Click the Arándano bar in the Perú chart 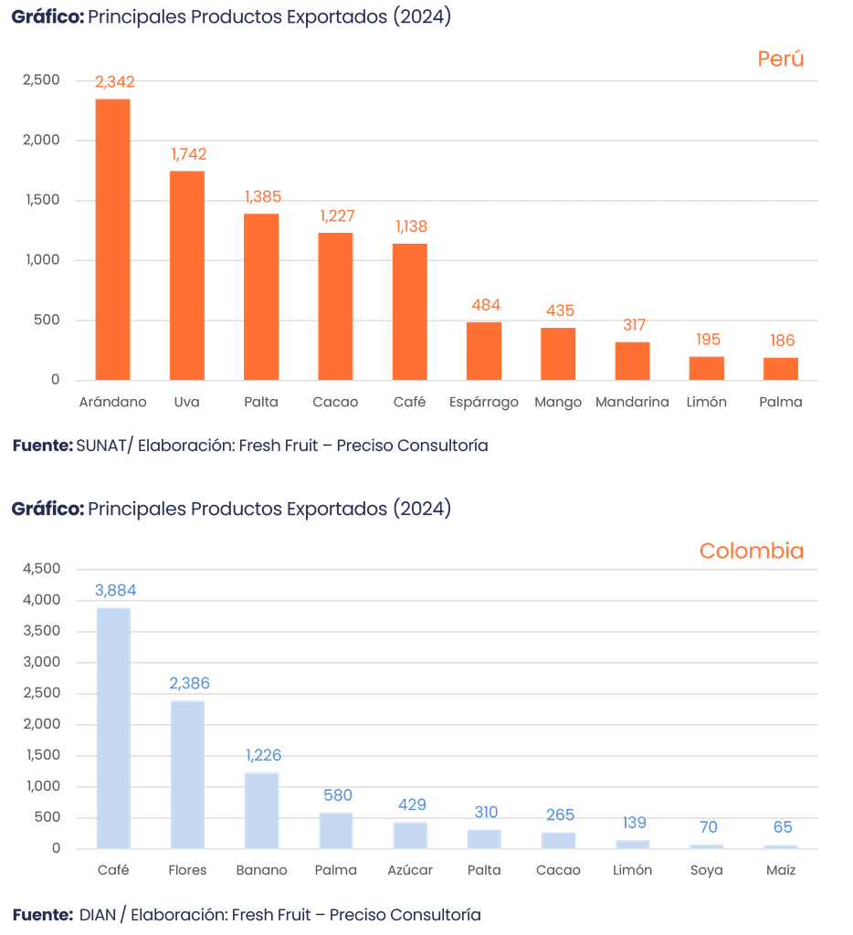click(113, 237)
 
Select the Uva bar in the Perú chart click(187, 274)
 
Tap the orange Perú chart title click(780, 60)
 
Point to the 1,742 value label click(188, 155)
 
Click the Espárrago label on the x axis click(484, 402)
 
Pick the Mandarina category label click(632, 402)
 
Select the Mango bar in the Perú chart click(558, 352)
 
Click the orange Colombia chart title click(751, 552)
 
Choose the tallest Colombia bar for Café click(114, 727)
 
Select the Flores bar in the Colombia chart click(187, 773)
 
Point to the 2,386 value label click(188, 683)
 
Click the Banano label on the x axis click(262, 870)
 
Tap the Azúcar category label click(410, 870)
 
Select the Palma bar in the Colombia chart click(336, 830)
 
